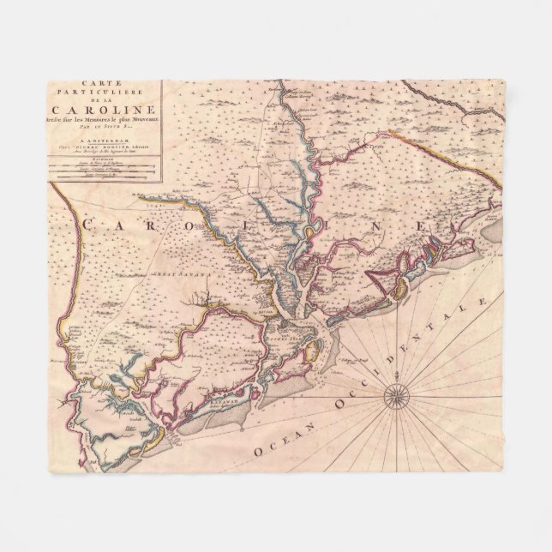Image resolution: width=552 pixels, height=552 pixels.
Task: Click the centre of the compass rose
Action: pos(397,395)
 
